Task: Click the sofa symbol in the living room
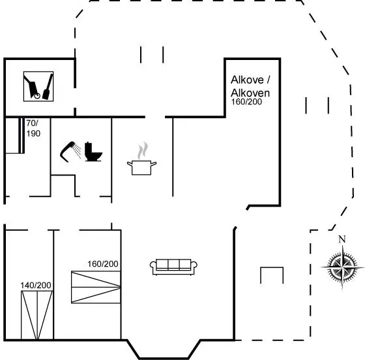[x=173, y=267]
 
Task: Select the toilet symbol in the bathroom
[x=93, y=151]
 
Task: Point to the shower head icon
[x=70, y=151]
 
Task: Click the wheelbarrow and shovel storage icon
[x=38, y=86]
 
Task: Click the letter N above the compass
[x=342, y=239]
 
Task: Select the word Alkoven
[x=250, y=93]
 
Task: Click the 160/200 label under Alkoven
[x=246, y=102]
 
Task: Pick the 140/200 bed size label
[x=36, y=285]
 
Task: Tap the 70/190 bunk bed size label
[x=33, y=128]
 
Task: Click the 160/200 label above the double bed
[x=103, y=264]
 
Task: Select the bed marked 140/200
[x=37, y=315]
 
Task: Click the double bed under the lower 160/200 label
[x=96, y=287]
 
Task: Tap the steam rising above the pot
[x=143, y=151]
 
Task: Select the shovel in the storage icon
[x=48, y=87]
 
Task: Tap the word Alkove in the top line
[x=247, y=80]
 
